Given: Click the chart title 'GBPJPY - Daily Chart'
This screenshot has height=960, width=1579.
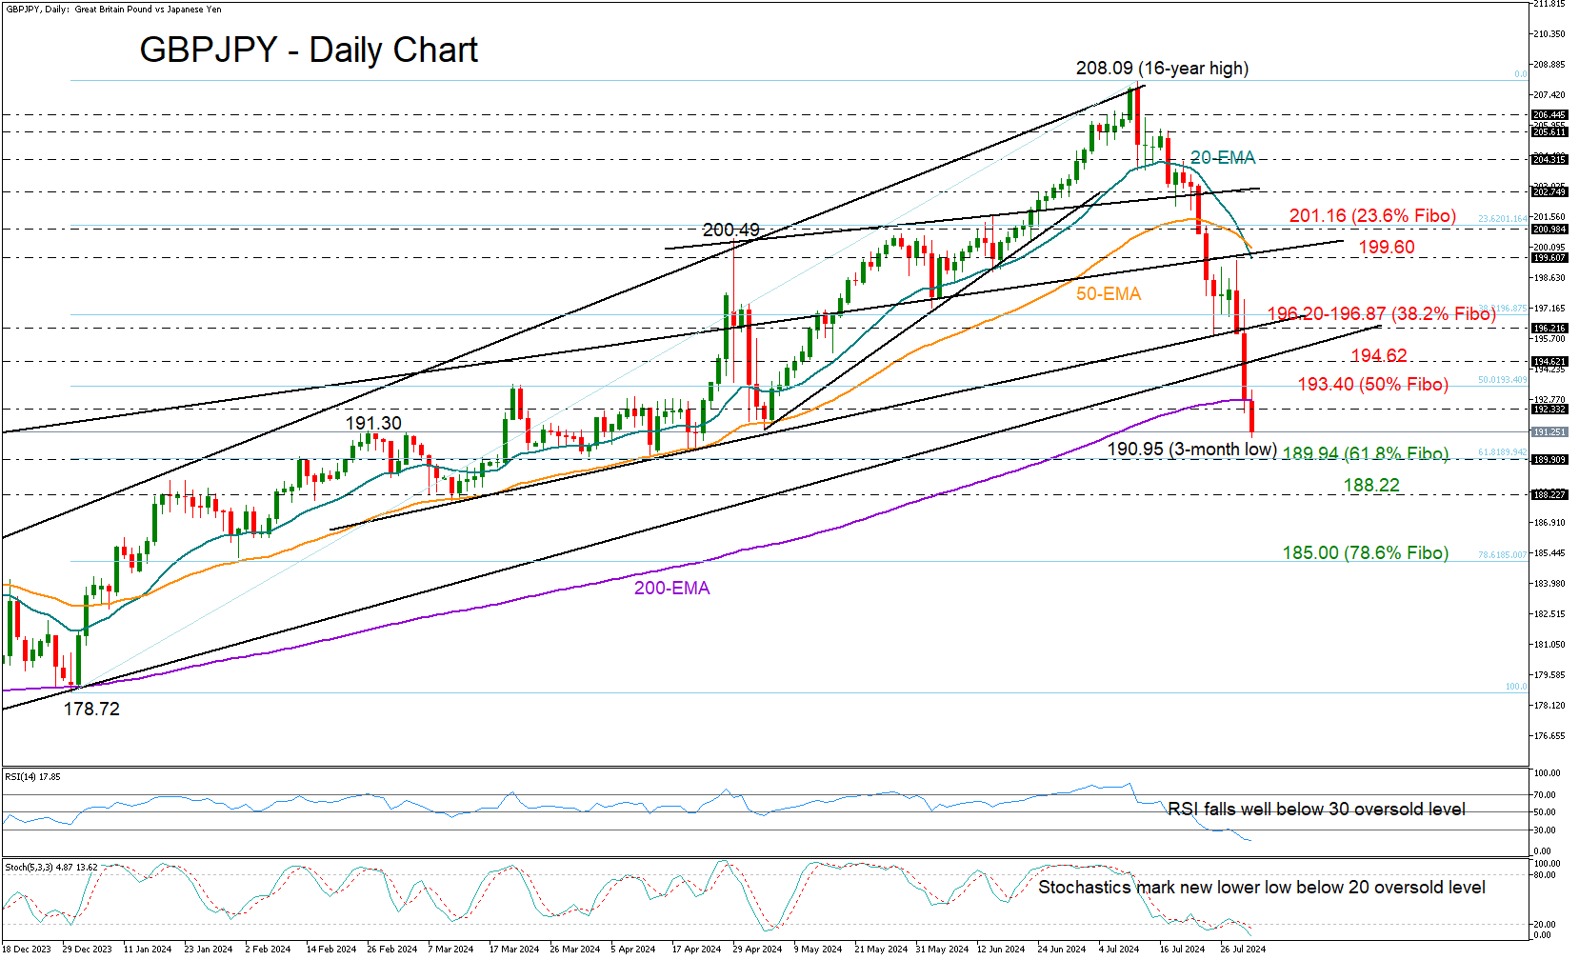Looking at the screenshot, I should (309, 50).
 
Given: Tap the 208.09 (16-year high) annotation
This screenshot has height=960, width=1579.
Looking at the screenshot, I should (1162, 69).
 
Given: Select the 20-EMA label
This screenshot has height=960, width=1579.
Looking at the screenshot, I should (1223, 158).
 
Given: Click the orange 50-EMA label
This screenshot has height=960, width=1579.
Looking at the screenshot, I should (1109, 294).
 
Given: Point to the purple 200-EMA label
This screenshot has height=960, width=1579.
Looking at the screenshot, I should (672, 589).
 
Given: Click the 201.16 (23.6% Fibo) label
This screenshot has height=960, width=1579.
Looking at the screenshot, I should (1372, 216).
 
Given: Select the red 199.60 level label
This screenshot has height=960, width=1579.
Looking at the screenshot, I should (1386, 248).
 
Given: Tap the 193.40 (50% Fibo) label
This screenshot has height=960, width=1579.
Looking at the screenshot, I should (1372, 385).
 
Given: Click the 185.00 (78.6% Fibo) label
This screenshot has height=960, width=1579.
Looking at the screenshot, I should (1365, 553).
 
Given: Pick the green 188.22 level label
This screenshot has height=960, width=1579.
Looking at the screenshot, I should (1371, 486).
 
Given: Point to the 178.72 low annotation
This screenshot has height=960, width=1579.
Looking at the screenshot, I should (91, 710).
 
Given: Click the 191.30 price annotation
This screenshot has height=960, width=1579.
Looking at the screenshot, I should (373, 424).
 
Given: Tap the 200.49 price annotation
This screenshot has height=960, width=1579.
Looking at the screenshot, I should (731, 230).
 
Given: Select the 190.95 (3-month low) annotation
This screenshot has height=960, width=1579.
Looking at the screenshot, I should (1191, 449).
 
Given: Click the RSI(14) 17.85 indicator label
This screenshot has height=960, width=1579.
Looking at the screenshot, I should (32, 777).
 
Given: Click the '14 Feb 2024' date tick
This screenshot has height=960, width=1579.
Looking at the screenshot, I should (331, 950).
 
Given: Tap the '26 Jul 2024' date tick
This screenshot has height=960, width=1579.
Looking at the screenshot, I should (1243, 950).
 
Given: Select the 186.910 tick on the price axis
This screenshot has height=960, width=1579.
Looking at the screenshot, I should (1549, 523).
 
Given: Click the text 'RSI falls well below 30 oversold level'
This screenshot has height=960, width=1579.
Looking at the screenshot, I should (1316, 810).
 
